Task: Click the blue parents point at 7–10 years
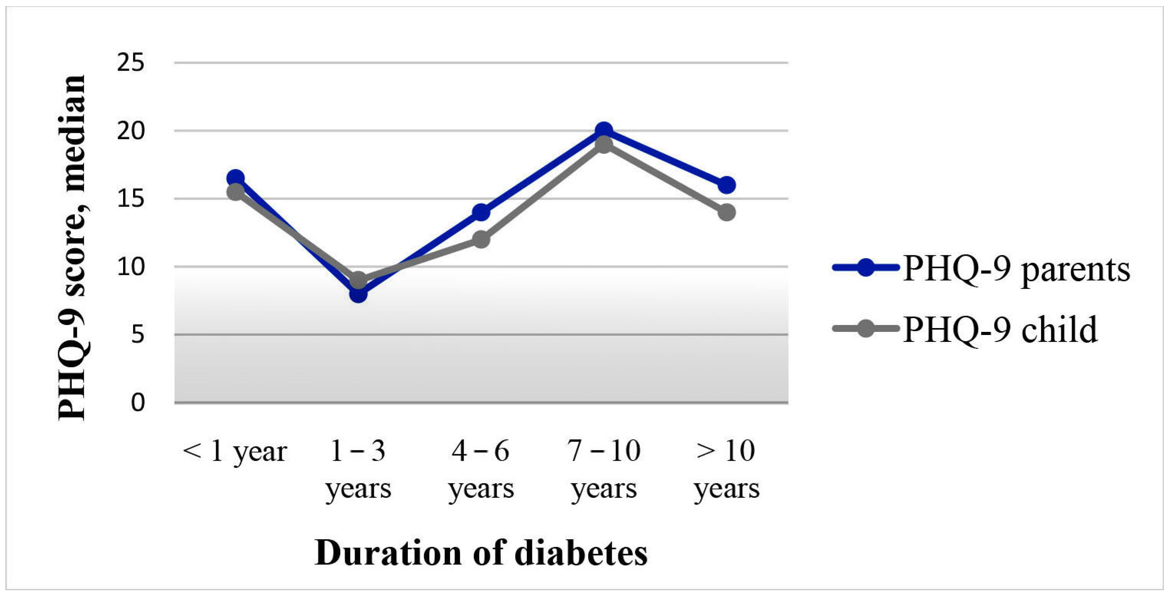604,131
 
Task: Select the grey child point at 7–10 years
604,145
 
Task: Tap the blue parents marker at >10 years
726,185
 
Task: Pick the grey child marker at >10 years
726,212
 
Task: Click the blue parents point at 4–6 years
481,212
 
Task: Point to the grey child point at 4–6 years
481,239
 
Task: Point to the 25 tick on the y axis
130,63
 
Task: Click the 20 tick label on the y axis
130,131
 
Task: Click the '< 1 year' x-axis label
235,452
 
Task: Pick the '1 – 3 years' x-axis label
358,470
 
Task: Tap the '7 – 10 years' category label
604,470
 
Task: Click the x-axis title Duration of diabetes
481,553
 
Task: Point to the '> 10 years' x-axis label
726,470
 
